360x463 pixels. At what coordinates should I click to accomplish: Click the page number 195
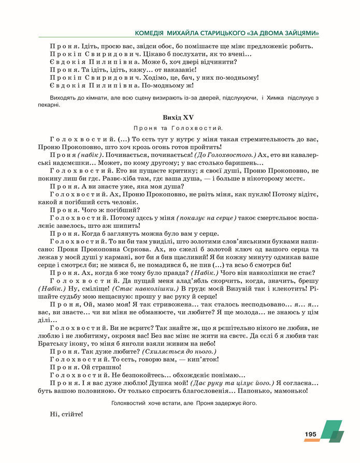tap(310, 435)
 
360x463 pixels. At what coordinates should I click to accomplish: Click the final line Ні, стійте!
tap(66, 414)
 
